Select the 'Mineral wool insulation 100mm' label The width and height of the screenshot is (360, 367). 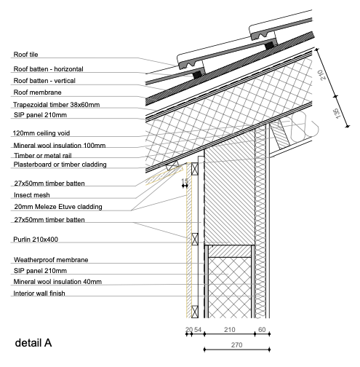59,145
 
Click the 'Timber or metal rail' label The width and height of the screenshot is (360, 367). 44,155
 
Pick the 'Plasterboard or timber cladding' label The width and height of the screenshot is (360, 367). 60,165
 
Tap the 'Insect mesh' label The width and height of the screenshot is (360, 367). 33,195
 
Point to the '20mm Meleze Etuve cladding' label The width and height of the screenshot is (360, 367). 57,207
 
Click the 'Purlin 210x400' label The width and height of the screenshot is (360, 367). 36,239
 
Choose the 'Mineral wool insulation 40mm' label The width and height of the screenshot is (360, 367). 57,281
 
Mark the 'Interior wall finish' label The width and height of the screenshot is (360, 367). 42,293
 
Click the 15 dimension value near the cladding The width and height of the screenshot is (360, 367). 185,181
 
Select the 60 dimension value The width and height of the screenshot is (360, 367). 261,330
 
